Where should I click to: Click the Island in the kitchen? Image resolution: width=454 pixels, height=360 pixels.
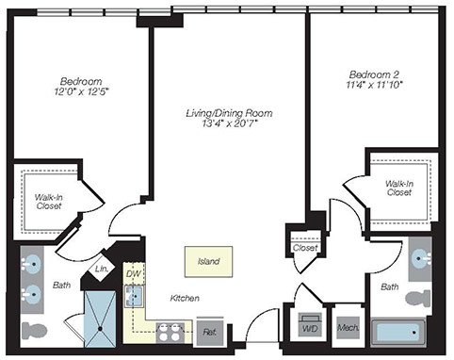coord(208,261)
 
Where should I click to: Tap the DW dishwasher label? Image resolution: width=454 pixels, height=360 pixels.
coord(133,273)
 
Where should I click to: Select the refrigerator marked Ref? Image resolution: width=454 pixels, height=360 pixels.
coord(210,332)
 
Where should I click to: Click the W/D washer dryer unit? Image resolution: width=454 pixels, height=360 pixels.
coord(310,325)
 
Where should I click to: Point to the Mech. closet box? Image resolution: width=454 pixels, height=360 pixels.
coord(348,328)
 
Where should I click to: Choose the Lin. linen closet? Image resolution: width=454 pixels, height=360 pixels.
coord(102,269)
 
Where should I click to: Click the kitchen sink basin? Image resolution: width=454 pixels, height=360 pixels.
coord(134,296)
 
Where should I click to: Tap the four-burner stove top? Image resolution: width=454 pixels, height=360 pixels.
coord(170,333)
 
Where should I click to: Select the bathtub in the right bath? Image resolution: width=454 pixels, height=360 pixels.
coord(397,333)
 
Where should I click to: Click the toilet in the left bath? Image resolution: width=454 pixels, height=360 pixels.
coord(34,330)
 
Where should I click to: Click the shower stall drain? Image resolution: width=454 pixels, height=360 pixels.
coord(100,329)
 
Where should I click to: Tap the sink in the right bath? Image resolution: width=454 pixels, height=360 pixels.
coord(421,259)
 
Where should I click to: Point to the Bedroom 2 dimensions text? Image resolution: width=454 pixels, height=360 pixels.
coord(374,85)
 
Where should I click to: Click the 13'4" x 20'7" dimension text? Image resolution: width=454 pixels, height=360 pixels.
coord(230,123)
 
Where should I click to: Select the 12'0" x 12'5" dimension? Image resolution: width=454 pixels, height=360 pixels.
coord(81,92)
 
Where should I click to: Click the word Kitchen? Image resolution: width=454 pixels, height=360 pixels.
coord(185,298)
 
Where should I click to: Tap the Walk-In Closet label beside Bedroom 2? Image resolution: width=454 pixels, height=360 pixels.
coord(399,188)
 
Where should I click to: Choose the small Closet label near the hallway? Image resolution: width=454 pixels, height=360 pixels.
coord(305,248)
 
